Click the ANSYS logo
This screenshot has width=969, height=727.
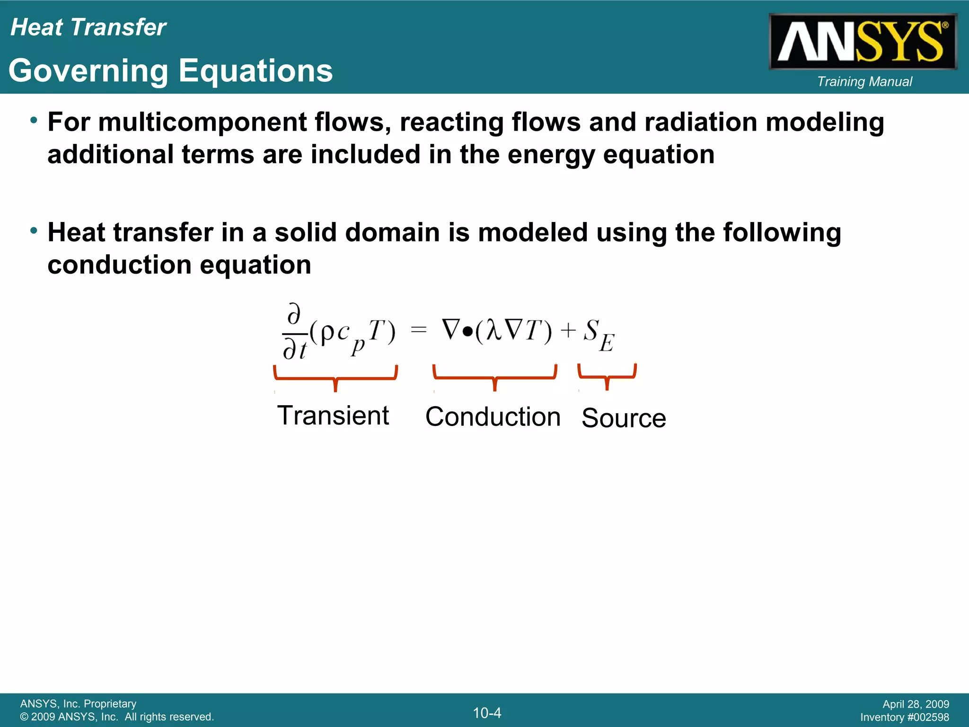[x=863, y=42]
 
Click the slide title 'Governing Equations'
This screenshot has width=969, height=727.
[x=171, y=71]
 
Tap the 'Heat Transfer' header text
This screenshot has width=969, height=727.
[x=88, y=27]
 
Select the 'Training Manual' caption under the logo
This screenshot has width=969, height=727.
[x=864, y=81]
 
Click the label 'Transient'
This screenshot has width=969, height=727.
[x=333, y=416]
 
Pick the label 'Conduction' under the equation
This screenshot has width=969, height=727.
[x=493, y=417]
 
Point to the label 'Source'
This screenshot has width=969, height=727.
[x=623, y=418]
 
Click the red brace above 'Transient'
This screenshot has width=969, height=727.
[x=335, y=377]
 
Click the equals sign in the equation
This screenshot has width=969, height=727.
[x=419, y=329]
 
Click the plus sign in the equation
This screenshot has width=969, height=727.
[x=568, y=330]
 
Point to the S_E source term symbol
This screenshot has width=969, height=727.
[x=598, y=334]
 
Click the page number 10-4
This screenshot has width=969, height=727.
[x=487, y=713]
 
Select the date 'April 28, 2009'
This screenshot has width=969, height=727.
[x=916, y=704]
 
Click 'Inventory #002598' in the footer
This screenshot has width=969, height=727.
[x=904, y=717]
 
